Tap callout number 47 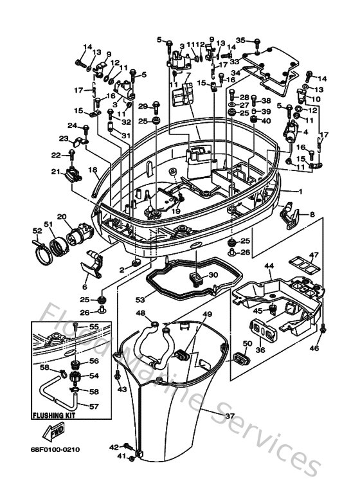[x=314, y=255]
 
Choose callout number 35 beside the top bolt [x=240, y=40]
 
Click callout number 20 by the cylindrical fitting [x=61, y=217]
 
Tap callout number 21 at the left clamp [x=55, y=171]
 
